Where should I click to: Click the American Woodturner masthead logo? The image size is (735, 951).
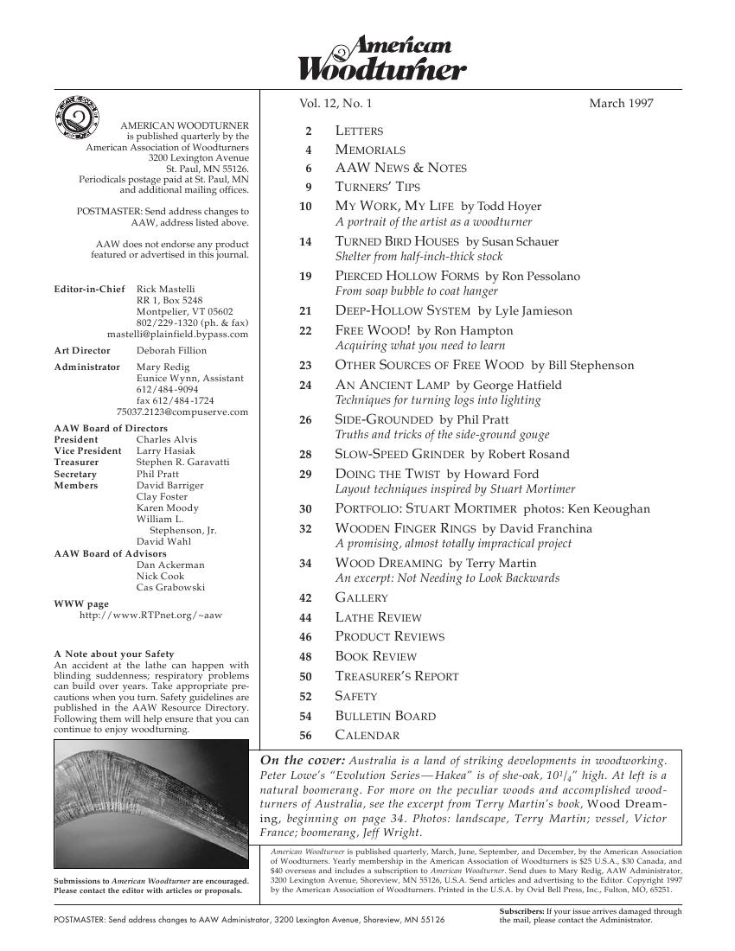pos(382,59)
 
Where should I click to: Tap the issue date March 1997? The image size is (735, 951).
pos(621,104)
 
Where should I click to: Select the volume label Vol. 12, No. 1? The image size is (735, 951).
pos(336,104)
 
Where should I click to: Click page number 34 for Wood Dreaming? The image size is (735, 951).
pos(304,564)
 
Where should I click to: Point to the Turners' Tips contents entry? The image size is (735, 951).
pos(372,187)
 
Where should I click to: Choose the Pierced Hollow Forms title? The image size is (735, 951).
pos(407,277)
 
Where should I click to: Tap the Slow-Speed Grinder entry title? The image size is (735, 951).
pos(399,455)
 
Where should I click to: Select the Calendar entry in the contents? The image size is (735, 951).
pos(367,736)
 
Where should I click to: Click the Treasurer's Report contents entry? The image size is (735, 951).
pos(396,677)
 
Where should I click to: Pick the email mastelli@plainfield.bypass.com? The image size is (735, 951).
pos(177,334)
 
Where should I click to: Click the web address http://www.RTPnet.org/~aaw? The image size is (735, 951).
pos(150,616)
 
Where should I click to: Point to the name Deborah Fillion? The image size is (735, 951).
pos(171,351)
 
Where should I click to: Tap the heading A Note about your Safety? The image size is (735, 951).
pos(113,654)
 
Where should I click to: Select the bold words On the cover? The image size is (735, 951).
pos(294,761)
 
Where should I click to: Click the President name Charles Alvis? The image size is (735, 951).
pos(166,439)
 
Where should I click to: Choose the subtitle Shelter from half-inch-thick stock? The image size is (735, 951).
pos(419,257)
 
